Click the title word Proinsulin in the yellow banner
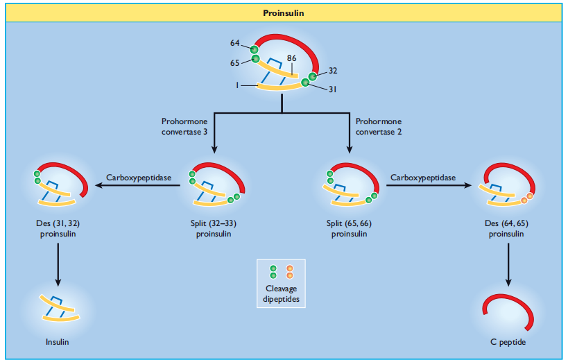point(283,13)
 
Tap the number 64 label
point(234,43)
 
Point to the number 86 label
point(291,58)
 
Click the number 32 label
point(333,71)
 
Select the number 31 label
point(332,89)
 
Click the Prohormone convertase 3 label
point(184,126)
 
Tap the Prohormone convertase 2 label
point(379,126)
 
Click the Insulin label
point(58,342)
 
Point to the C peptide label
point(508,342)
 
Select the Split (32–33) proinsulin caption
point(214,228)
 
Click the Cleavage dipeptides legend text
point(281,293)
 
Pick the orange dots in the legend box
point(289,272)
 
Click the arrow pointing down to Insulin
point(58,265)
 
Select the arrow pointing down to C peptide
point(508,265)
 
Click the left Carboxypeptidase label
point(139,178)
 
